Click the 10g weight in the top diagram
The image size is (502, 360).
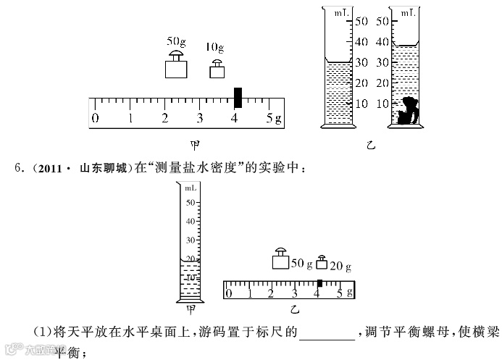[x=217, y=69]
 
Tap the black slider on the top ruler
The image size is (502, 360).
[x=238, y=98]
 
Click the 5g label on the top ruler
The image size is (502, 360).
[x=272, y=119]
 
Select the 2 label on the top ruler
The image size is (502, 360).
[x=165, y=119]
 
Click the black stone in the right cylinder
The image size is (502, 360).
[x=407, y=111]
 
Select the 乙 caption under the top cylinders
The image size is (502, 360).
[x=372, y=145]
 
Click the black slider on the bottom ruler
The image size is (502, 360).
[x=319, y=282]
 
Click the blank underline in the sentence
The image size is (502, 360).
[x=327, y=335]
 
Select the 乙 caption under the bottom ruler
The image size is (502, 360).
[x=294, y=310]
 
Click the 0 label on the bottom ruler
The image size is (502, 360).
[x=229, y=293]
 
